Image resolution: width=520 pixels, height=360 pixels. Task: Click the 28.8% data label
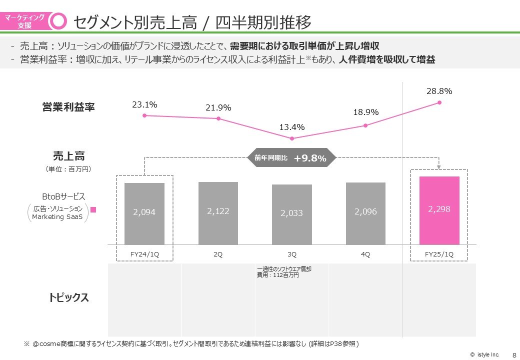pyautogui.click(x=439, y=91)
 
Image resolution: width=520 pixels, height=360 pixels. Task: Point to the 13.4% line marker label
pyautogui.click(x=292, y=127)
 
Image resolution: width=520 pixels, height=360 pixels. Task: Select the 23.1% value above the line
pyautogui.click(x=144, y=104)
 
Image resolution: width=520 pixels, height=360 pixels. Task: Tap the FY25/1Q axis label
pyautogui.click(x=439, y=254)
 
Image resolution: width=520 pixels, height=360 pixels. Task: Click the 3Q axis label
pyautogui.click(x=292, y=254)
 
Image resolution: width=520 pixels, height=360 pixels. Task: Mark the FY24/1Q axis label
pyautogui.click(x=144, y=254)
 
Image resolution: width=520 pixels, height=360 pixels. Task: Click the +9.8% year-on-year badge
pyautogui.click(x=292, y=158)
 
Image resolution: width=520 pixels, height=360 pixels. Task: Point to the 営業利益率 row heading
pyautogui.click(x=68, y=107)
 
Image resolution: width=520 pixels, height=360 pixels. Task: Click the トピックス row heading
pyautogui.click(x=69, y=297)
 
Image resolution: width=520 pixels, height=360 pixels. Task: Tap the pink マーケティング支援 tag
pyautogui.click(x=24, y=21)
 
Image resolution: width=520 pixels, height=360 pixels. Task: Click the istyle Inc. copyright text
pyautogui.click(x=484, y=354)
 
